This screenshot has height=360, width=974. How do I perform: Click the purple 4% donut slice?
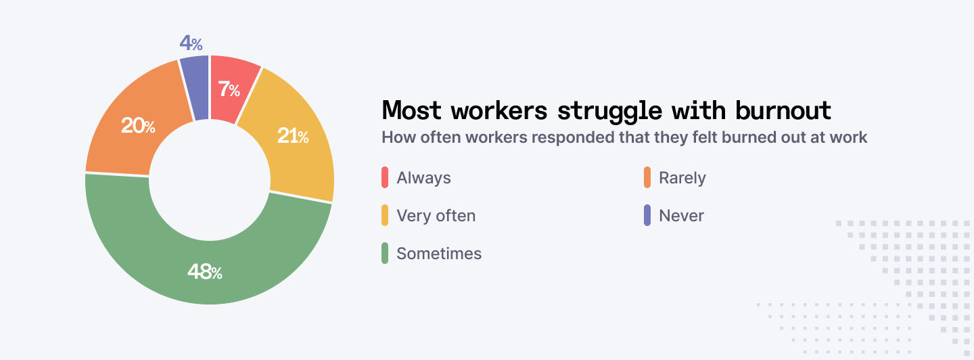[x=195, y=89]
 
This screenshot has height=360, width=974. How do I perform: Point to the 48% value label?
[x=205, y=272]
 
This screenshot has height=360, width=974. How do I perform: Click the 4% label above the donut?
[x=191, y=43]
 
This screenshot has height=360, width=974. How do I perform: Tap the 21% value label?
[x=293, y=136]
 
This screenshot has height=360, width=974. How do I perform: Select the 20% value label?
[x=138, y=125]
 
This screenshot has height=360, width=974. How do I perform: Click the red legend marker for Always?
[x=385, y=178]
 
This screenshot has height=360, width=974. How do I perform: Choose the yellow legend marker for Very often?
[x=385, y=216]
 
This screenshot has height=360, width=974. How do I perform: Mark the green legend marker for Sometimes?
[x=385, y=254]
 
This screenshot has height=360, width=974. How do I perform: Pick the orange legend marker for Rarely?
[x=647, y=178]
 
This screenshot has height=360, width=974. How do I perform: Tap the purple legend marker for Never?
[x=647, y=216]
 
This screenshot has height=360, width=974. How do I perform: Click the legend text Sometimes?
[x=439, y=254]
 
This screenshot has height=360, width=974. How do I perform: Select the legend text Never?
[x=681, y=216]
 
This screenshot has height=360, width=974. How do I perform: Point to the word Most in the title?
[x=412, y=110]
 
